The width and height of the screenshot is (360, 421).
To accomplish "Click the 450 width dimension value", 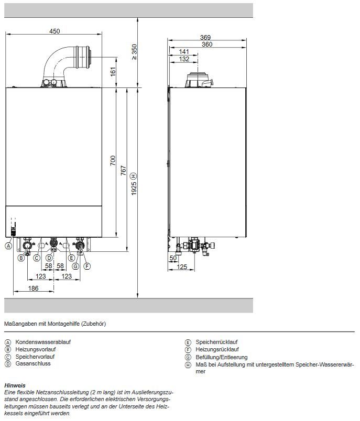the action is (54, 31).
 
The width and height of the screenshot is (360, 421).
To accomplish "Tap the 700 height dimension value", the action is (113, 161).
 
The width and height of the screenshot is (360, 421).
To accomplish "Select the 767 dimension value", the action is (123, 171).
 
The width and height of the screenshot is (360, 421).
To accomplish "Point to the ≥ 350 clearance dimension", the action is (134, 52).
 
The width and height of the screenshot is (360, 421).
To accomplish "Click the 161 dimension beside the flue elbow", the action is (113, 72).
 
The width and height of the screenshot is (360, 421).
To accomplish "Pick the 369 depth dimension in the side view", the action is (205, 37).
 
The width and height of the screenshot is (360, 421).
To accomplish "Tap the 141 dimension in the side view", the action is (184, 51).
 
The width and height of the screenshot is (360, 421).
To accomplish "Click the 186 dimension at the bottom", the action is (34, 288).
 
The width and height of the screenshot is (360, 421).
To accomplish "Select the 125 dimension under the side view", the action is (182, 267).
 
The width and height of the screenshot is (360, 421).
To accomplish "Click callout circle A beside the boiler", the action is (8, 246).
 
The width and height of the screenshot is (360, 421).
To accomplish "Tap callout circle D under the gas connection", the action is (49, 258).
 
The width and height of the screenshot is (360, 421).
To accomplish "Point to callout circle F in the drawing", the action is (87, 267).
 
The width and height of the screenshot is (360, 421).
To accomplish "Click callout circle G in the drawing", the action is (75, 267).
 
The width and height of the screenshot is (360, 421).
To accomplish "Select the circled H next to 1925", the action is (134, 176).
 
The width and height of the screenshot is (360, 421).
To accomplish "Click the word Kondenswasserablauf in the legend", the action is (43, 342).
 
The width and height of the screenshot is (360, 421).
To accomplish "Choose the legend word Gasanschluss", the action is (33, 363).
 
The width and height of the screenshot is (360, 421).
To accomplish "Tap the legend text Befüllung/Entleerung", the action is (222, 357).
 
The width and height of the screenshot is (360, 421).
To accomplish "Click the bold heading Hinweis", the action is (15, 385).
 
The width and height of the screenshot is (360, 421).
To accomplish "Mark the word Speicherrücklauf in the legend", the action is (216, 342).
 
